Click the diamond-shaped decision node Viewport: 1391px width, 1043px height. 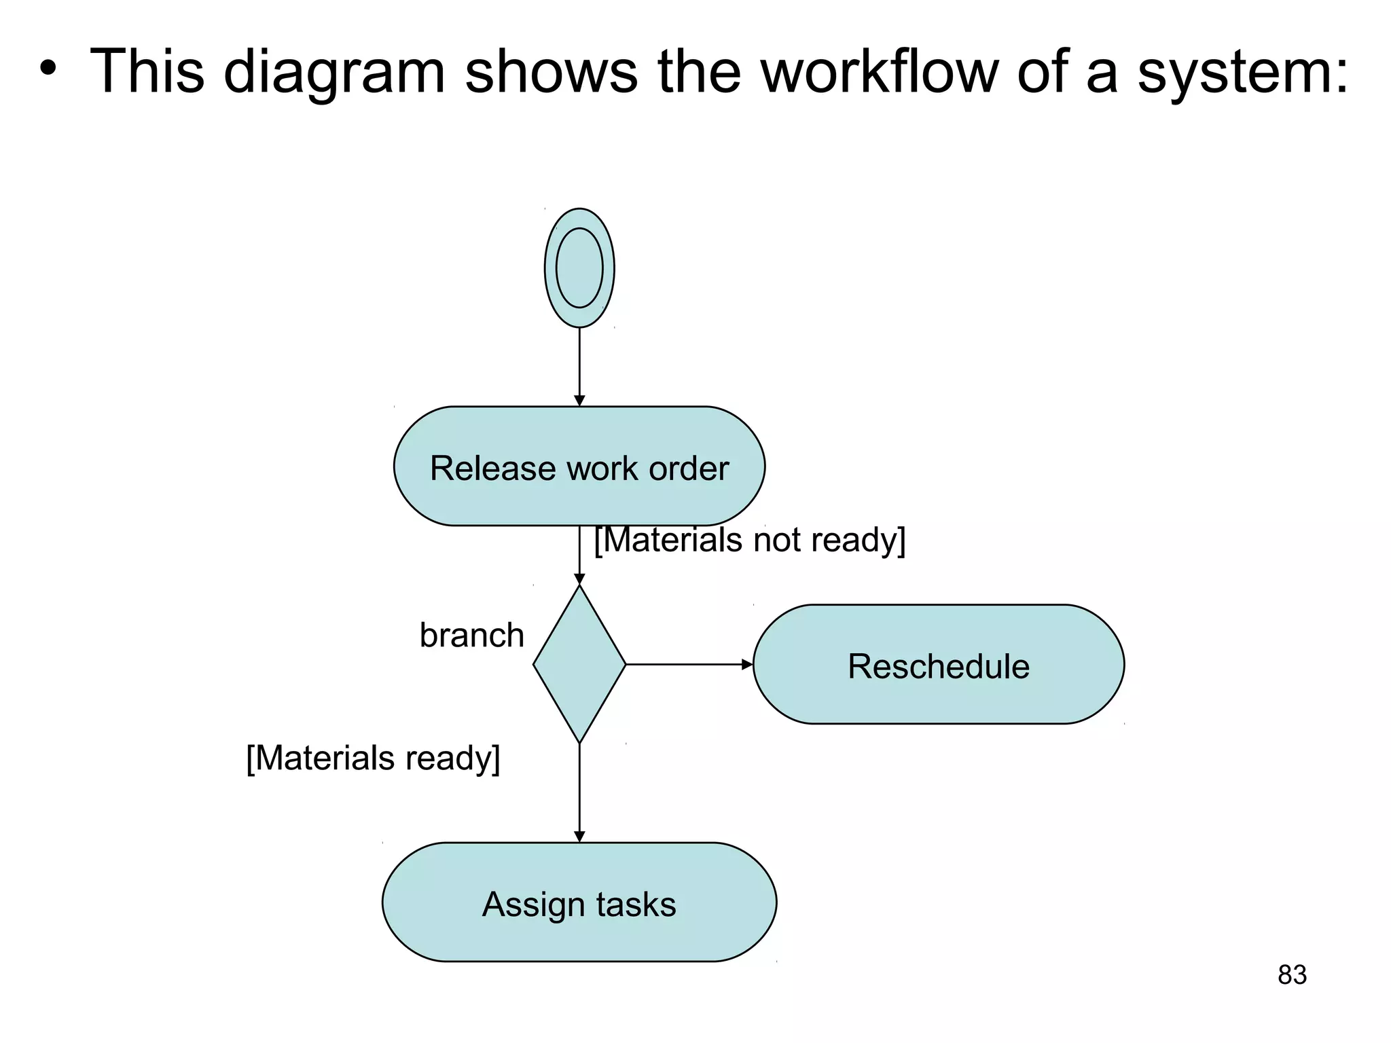click(579, 664)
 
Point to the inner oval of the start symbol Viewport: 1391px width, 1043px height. click(579, 268)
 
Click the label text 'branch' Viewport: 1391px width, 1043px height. click(471, 636)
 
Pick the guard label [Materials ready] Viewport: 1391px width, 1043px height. click(373, 758)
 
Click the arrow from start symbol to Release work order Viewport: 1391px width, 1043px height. click(579, 367)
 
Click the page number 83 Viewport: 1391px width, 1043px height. click(1291, 975)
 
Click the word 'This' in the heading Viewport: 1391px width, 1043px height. click(147, 71)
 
